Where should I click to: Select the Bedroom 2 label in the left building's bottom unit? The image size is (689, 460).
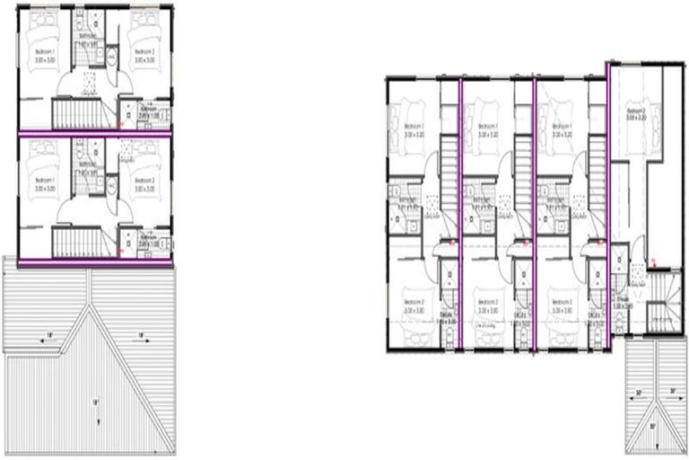[144, 183]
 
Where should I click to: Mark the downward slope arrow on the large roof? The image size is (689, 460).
[95, 405]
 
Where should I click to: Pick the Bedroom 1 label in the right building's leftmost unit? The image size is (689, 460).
[413, 128]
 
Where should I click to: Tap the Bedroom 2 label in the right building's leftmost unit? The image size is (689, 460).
[413, 304]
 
